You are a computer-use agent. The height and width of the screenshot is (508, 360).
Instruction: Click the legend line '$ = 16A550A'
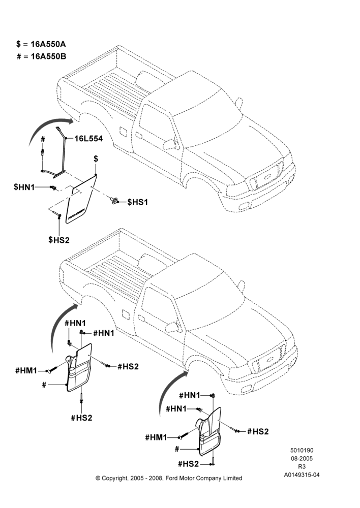[x=41, y=44]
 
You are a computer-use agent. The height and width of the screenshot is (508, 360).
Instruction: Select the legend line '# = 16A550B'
[x=41, y=56]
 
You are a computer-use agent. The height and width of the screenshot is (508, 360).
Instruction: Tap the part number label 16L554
[x=88, y=139]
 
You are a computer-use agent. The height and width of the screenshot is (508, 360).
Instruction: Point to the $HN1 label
[x=24, y=187]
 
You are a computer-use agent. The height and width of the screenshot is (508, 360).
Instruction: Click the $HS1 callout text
[x=137, y=202]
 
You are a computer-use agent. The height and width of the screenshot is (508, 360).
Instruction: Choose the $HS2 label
[x=58, y=240]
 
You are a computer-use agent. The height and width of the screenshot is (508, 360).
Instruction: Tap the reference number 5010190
[x=302, y=450]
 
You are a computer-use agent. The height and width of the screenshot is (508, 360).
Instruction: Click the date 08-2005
[x=302, y=458]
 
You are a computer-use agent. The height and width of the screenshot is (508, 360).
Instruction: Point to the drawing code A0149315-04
[x=302, y=475]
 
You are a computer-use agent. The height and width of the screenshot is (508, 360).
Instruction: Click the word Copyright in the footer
[x=114, y=478]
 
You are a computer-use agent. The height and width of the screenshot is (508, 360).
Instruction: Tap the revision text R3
[x=302, y=467]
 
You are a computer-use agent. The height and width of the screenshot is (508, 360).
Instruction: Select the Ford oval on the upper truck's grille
[x=267, y=177]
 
